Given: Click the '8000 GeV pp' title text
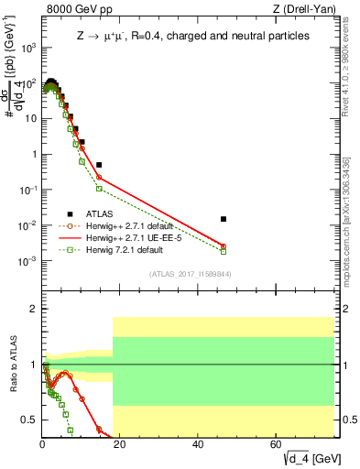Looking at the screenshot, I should [75, 9].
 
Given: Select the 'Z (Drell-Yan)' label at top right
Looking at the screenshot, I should [309, 9].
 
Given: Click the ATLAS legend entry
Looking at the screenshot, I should [100, 213].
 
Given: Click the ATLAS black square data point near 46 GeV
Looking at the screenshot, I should [224, 219].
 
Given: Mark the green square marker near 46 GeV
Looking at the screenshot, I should [224, 251].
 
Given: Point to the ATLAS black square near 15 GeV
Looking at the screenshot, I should [99, 165].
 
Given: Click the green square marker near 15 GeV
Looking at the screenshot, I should [99, 189].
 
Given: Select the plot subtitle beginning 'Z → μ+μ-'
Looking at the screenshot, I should [192, 36].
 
